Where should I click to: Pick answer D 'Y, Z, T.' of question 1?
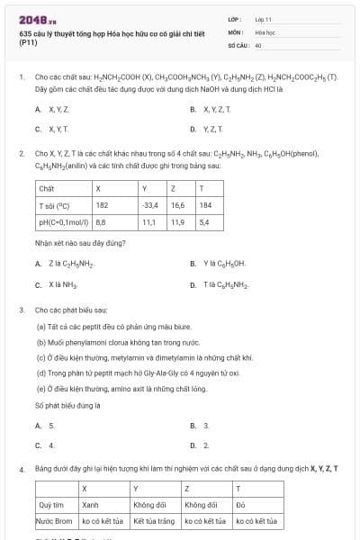211,128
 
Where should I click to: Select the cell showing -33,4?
150,205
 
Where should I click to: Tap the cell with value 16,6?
177,205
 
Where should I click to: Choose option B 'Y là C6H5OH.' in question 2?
217,264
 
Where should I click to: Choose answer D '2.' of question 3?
205,445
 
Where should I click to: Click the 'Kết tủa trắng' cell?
155,520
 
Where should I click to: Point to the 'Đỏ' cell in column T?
241,505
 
